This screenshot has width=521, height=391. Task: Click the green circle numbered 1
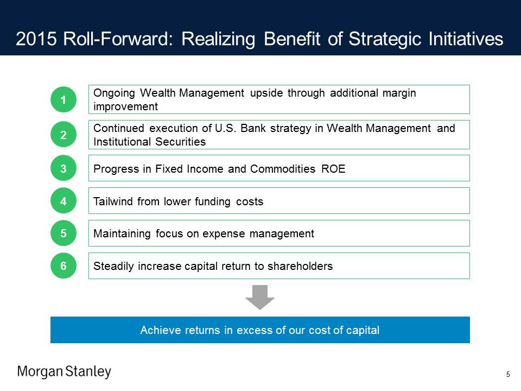pos(63,99)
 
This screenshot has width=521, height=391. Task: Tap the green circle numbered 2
pos(63,135)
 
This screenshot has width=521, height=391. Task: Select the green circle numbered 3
pos(63,168)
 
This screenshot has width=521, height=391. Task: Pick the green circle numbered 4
pos(63,201)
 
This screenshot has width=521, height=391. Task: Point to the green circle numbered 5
pos(63,234)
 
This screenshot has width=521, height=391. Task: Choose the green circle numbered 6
pos(63,266)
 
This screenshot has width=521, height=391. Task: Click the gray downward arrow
pos(260,297)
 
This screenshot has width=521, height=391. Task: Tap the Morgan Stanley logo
pos(64,371)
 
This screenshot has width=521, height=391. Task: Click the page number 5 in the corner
pos(508,374)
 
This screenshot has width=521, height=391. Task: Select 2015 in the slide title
pos(36,39)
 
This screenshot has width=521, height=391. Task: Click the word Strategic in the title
pos(385,39)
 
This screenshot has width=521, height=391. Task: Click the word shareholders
pos(300,266)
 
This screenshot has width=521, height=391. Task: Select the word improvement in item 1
pos(125,107)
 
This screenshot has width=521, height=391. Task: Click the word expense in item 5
pos(224,234)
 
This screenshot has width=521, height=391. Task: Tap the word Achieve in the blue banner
pos(162,330)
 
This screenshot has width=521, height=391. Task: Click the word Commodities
pos(283,169)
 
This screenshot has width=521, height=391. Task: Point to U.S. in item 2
pos(226,128)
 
